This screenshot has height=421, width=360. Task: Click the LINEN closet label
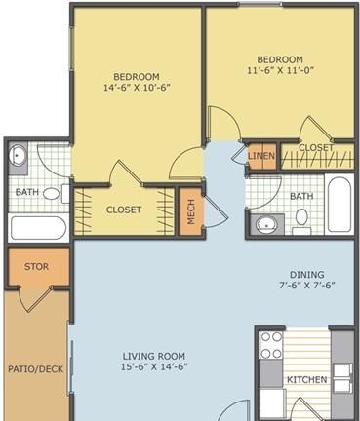(x=261, y=156)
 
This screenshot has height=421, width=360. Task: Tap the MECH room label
(x=191, y=211)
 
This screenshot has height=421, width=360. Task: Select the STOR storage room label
(x=36, y=267)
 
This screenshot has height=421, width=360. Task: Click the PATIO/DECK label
(x=36, y=369)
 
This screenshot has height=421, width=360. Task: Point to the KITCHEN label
(x=307, y=379)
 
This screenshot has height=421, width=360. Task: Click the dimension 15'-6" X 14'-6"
(x=154, y=367)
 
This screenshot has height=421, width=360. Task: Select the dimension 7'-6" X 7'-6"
(x=307, y=286)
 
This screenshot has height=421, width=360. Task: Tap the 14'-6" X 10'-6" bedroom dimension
(x=137, y=88)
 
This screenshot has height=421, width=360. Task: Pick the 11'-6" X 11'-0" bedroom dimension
(x=280, y=70)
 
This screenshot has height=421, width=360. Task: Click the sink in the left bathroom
(x=18, y=155)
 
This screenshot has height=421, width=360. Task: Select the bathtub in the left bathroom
(x=38, y=228)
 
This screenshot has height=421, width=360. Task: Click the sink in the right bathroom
(x=266, y=224)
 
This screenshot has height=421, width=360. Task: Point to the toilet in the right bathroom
(x=301, y=221)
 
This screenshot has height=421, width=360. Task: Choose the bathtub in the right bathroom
(x=340, y=205)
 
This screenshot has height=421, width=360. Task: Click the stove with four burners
(x=271, y=345)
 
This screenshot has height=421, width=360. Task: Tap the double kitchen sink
(x=342, y=378)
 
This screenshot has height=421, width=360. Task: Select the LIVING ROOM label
(x=154, y=357)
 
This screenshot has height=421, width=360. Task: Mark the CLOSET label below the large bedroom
(x=124, y=210)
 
